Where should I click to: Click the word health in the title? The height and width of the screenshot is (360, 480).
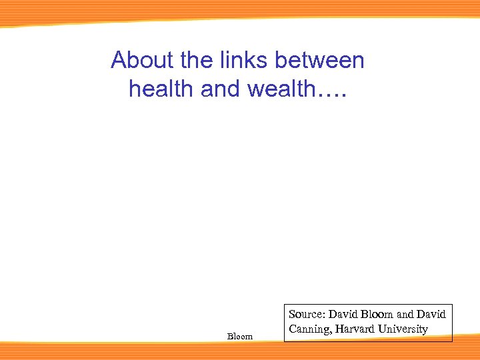[159, 89]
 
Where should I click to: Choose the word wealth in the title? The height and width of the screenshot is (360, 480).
[282, 89]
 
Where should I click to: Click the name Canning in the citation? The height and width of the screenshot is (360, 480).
[309, 329]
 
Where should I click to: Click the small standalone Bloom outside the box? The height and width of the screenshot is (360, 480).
[240, 337]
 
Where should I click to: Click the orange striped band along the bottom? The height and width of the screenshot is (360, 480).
[240, 351]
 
